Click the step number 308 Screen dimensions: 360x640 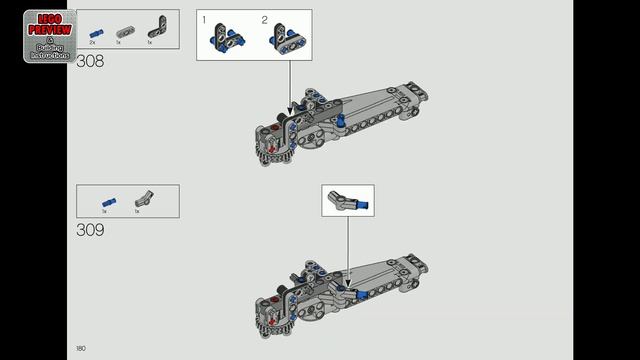pyautogui.click(x=90, y=61)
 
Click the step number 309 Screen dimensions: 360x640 pyautogui.click(x=90, y=230)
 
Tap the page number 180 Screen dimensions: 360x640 pyautogui.click(x=80, y=348)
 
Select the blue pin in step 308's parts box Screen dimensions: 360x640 pyautogui.click(x=94, y=32)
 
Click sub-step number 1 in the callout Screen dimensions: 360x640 pyautogui.click(x=204, y=20)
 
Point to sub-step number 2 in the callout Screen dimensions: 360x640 pyautogui.click(x=265, y=20)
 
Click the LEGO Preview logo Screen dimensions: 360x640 pyautogui.click(x=49, y=35)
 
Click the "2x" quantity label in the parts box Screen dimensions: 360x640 pyautogui.click(x=92, y=43)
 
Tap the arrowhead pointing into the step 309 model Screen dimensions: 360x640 pyautogui.click(x=348, y=270)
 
